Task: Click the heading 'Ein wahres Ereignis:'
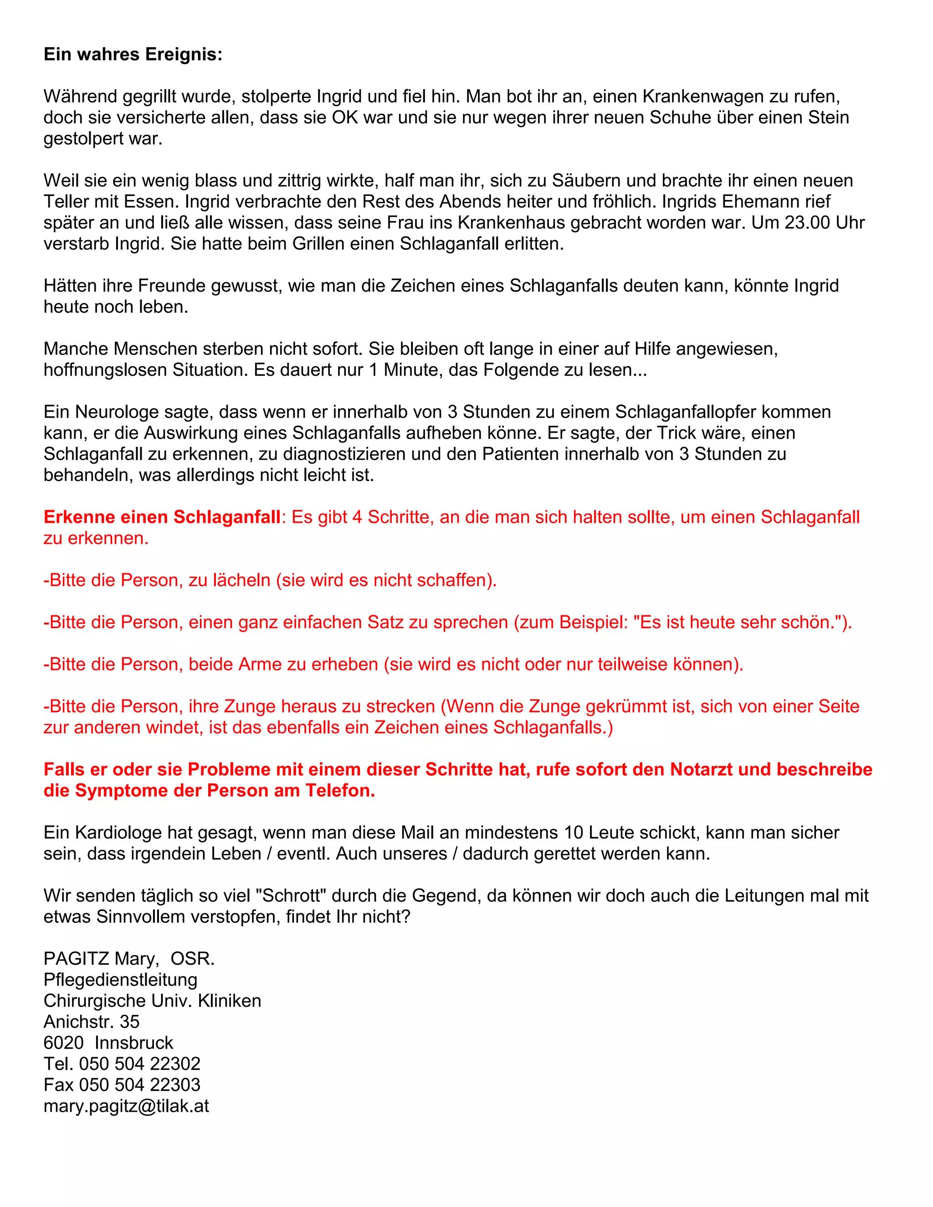(x=133, y=54)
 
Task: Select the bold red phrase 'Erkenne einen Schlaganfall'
(x=162, y=517)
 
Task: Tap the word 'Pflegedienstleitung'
(x=120, y=979)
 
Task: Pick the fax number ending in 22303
(x=139, y=1084)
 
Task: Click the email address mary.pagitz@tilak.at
(x=126, y=1105)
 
